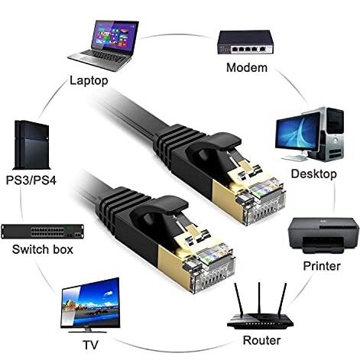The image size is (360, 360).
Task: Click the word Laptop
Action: (89, 81)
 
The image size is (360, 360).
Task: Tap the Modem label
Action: (247, 67)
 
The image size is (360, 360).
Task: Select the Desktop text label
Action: (313, 174)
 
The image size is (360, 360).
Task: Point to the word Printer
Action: (322, 266)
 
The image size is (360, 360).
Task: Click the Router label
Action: (261, 340)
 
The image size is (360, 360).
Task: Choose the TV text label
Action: (90, 345)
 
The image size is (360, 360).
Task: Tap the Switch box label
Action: (43, 249)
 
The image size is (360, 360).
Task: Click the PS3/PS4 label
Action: (31, 180)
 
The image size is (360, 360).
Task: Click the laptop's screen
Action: (115, 36)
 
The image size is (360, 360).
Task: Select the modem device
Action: (245, 42)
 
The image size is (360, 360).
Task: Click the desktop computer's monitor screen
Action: (297, 133)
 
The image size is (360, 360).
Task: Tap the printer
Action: (323, 235)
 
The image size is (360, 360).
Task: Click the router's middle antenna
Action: (259, 299)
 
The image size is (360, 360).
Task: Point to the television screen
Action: (91, 303)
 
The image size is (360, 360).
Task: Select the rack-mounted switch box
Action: (42, 232)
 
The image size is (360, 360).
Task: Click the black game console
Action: (31, 145)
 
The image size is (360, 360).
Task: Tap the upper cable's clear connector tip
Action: (265, 201)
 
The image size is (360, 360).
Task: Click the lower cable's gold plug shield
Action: (170, 264)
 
